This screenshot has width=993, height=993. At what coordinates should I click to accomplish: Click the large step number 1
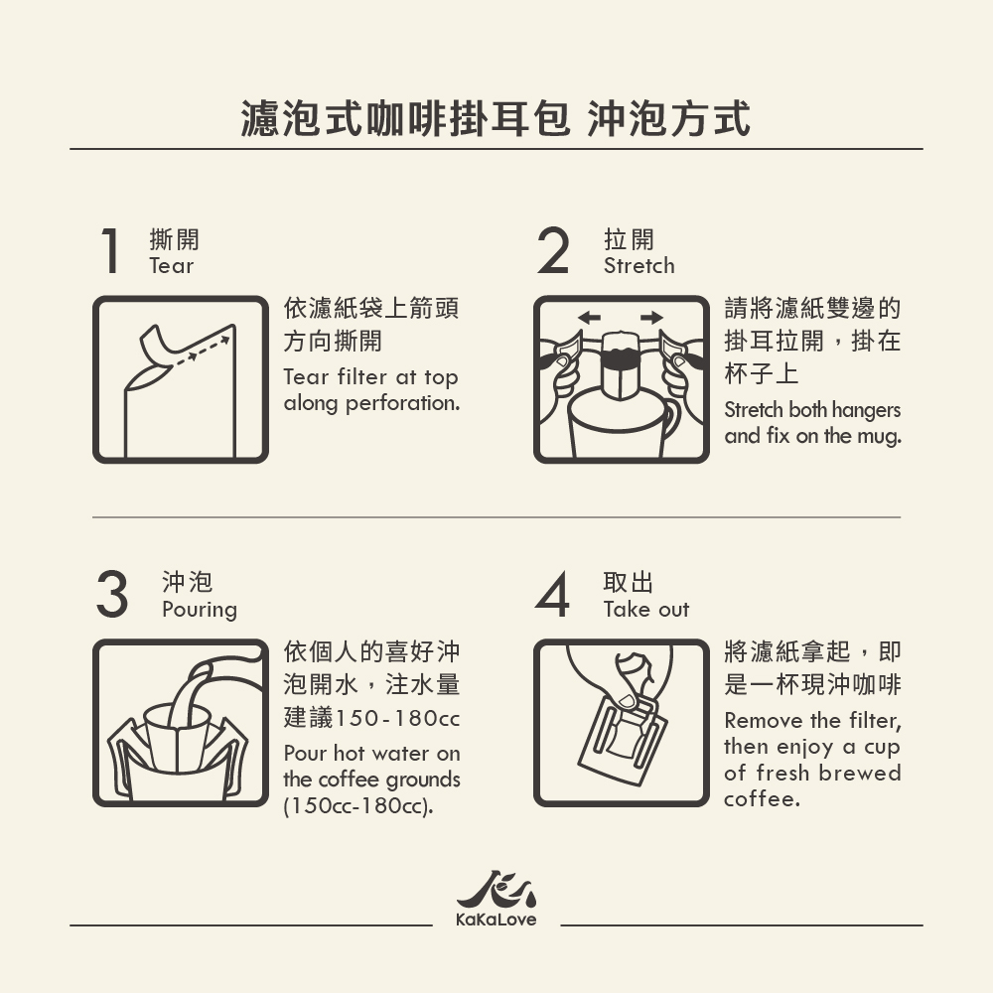click(111, 251)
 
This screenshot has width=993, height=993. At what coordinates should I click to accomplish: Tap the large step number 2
click(552, 251)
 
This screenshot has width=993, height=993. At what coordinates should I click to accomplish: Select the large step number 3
click(112, 594)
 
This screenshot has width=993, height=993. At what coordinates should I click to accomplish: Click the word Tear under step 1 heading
click(171, 266)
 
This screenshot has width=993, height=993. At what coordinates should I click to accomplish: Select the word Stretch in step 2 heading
click(638, 266)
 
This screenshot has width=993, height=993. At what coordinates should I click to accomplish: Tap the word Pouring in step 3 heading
click(200, 610)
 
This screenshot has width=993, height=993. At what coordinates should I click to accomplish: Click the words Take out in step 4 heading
click(646, 610)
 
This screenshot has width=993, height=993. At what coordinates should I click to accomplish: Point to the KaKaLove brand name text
click(496, 920)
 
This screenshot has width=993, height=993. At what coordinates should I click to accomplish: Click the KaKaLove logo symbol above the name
click(496, 889)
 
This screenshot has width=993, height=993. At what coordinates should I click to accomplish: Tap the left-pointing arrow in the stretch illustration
click(589, 318)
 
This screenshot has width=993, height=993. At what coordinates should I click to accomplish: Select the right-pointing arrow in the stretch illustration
click(651, 318)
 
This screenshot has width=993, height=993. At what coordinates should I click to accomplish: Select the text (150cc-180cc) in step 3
click(358, 805)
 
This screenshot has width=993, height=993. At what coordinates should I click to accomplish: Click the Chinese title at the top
click(496, 118)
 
